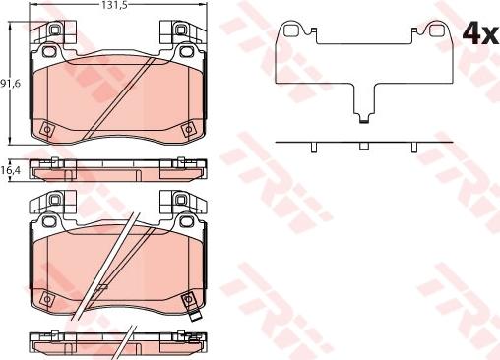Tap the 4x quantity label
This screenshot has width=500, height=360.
480,33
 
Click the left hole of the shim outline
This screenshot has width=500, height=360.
289,31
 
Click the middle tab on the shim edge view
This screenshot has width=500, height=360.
364,146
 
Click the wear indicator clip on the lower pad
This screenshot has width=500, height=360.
196,318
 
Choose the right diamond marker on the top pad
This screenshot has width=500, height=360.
187,127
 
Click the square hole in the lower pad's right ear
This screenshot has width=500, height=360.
185,204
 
